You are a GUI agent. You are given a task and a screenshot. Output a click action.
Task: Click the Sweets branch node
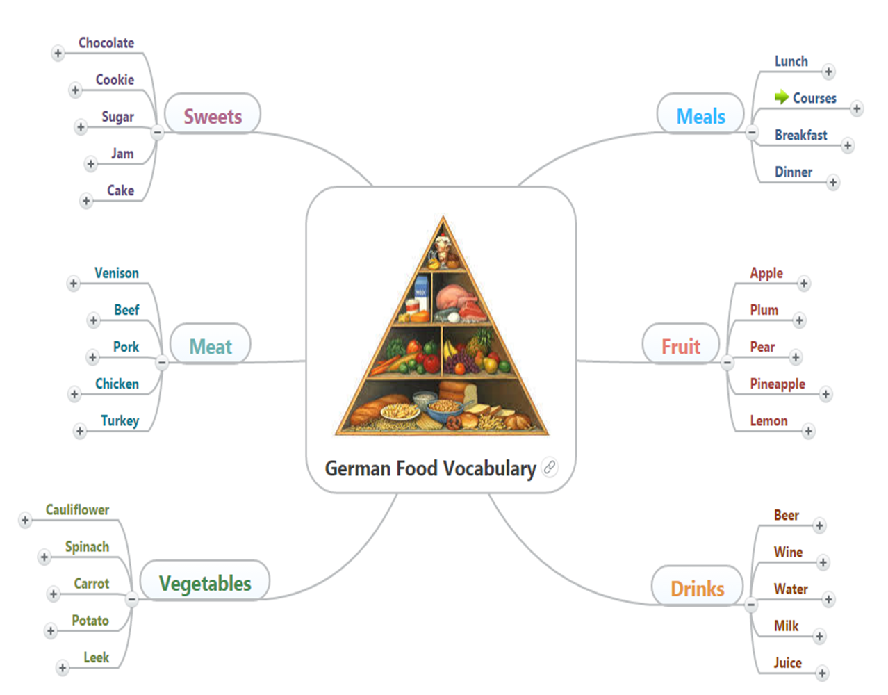point(213,115)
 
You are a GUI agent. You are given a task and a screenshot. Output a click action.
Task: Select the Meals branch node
point(700,115)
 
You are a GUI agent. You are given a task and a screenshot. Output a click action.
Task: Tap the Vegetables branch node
point(205,582)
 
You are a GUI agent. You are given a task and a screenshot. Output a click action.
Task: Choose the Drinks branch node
point(697,588)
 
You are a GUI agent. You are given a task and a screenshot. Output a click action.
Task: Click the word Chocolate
point(106,43)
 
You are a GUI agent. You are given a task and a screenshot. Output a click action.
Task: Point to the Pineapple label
point(777,384)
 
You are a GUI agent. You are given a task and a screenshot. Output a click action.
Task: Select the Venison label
point(117,273)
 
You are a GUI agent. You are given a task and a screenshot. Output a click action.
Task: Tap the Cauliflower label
point(77,509)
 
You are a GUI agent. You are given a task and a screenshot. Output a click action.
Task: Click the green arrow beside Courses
point(782,97)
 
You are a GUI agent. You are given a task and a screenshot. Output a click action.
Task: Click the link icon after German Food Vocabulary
point(550,467)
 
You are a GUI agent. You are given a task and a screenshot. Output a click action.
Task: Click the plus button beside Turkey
point(80,431)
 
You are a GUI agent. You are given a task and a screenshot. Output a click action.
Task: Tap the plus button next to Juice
point(822,673)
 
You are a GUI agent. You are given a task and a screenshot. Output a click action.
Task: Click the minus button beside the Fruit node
point(727,362)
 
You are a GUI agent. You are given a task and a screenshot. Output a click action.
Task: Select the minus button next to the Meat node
point(162,362)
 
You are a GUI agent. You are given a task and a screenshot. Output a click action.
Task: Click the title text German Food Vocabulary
point(430,468)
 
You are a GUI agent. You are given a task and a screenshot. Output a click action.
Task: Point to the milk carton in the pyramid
point(421,287)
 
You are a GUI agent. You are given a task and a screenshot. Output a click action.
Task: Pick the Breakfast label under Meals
point(800,135)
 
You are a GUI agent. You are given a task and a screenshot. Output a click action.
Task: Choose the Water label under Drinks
point(791,589)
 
